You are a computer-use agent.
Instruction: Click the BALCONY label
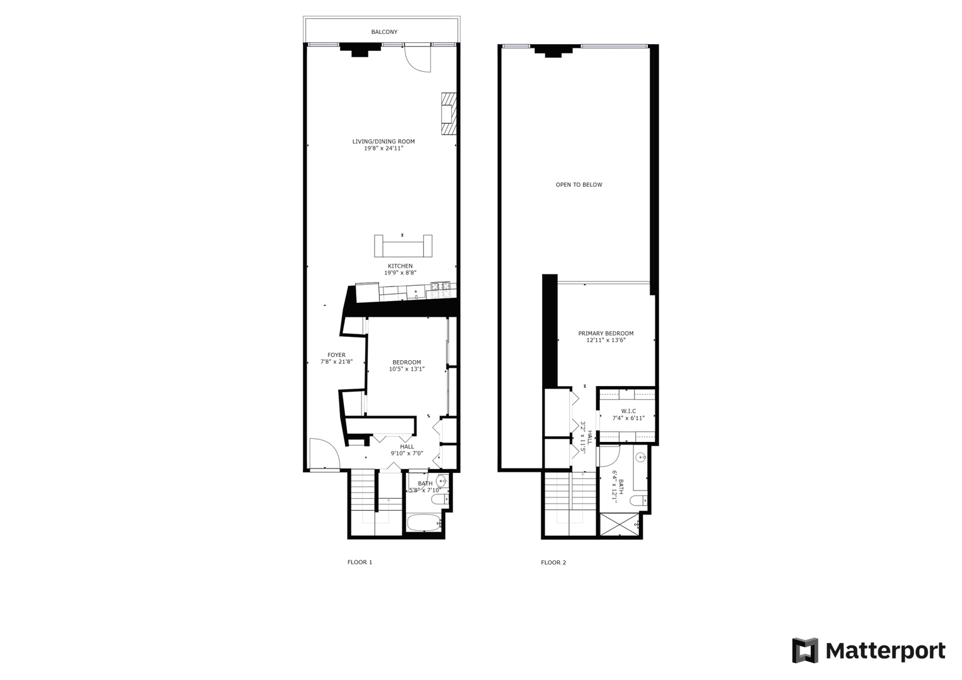click(384, 32)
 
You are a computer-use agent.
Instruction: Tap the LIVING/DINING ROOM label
click(383, 142)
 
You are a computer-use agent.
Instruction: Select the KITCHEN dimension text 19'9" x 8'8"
click(400, 273)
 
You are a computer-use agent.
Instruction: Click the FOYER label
click(336, 355)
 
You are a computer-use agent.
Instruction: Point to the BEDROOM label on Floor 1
click(407, 362)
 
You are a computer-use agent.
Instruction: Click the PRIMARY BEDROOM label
click(606, 334)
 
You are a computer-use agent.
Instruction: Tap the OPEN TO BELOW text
click(579, 185)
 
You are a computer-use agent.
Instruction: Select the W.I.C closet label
click(628, 411)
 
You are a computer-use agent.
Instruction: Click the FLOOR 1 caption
click(360, 562)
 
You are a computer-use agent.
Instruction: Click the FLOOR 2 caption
click(553, 562)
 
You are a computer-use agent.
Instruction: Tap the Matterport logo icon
click(805, 650)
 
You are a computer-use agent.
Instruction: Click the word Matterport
click(885, 650)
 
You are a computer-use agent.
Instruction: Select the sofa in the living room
click(403, 246)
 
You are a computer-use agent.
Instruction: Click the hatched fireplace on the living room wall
click(448, 113)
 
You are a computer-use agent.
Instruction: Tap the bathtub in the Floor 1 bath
click(424, 523)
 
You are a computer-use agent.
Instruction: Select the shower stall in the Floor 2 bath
click(619, 525)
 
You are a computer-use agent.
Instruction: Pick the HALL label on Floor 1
click(407, 446)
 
